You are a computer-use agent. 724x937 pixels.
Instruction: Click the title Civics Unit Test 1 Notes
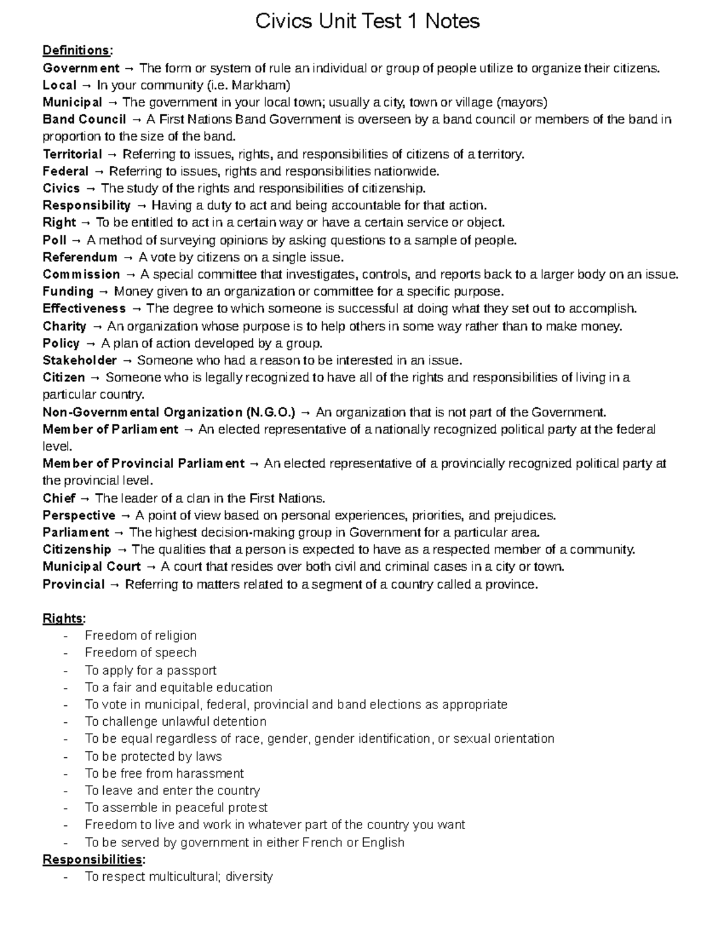(367, 22)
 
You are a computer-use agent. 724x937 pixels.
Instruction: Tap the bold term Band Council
(84, 119)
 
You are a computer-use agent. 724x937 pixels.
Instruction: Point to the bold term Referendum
(80, 258)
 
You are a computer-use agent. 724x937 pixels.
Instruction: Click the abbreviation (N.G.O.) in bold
(271, 413)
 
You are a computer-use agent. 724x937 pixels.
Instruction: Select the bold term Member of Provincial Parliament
(143, 464)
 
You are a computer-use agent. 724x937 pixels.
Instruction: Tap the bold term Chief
(59, 498)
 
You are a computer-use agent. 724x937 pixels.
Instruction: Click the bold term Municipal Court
(91, 567)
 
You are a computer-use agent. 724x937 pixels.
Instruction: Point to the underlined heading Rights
(63, 618)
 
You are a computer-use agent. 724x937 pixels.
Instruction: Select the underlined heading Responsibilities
(92, 859)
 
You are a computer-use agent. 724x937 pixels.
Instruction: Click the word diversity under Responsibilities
(249, 877)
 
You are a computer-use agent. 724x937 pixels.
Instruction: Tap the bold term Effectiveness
(84, 309)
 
